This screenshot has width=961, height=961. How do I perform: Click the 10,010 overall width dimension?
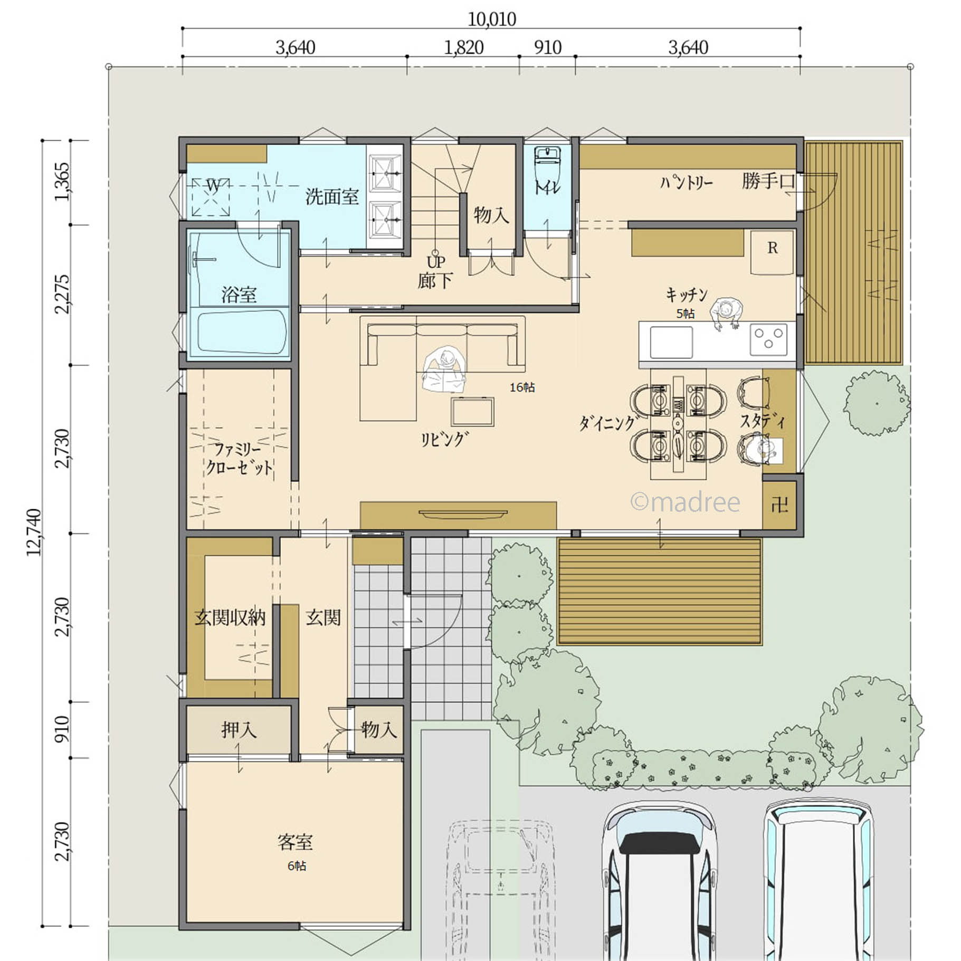tap(492, 20)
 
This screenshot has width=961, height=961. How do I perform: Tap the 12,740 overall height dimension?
tap(34, 532)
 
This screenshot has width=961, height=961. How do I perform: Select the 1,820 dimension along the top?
tap(464, 47)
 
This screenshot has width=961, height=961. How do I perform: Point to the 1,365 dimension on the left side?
tap(62, 182)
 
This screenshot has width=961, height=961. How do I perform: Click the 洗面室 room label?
tap(332, 197)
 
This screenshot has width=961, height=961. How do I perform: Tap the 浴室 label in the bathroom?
tap(239, 294)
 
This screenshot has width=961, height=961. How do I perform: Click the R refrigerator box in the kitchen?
tap(773, 252)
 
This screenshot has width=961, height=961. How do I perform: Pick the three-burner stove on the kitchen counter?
tap(768, 338)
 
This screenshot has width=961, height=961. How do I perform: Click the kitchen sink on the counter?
tap(671, 342)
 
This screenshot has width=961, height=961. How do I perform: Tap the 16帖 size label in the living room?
tap(522, 387)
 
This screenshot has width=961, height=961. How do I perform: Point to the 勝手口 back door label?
tap(768, 181)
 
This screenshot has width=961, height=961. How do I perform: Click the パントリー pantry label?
tap(687, 183)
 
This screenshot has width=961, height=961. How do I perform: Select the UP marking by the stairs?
tap(436, 262)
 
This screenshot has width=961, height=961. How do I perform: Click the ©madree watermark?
tap(686, 502)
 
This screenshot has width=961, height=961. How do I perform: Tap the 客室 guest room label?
tap(295, 842)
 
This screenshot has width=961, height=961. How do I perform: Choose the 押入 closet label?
tap(239, 730)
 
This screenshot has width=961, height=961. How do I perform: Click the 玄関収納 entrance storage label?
tap(230, 617)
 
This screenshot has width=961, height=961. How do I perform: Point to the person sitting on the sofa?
tap(443, 369)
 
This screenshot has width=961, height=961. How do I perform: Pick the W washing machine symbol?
tap(211, 197)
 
